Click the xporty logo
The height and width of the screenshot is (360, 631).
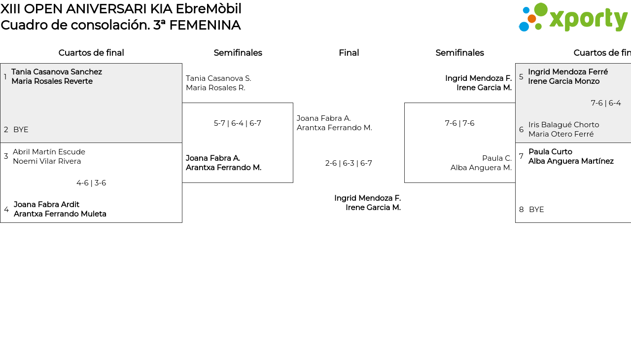point(573,18)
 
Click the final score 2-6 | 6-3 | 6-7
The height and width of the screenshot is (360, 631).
point(349,163)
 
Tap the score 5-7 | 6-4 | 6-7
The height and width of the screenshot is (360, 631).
point(237,123)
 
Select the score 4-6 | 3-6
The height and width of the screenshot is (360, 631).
point(91,183)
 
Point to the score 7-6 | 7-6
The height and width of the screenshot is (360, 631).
point(459,123)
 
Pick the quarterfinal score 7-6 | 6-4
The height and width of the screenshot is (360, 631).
point(605,103)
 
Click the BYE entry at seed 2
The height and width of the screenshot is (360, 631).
point(21,130)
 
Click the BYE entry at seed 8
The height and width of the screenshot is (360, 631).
point(536,210)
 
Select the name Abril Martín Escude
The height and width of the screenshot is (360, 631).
point(49,152)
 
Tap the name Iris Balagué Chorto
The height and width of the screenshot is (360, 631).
point(563,125)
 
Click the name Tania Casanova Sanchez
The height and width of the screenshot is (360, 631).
point(57,72)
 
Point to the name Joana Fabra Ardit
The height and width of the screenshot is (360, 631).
point(46,205)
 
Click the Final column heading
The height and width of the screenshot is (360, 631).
point(349,53)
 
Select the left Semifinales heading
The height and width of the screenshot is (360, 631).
point(238,53)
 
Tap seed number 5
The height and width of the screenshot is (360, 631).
point(521,77)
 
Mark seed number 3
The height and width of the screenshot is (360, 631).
point(6,156)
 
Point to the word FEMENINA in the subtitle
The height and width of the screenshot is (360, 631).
point(205,25)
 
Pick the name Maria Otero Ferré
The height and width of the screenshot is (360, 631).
point(561,134)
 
